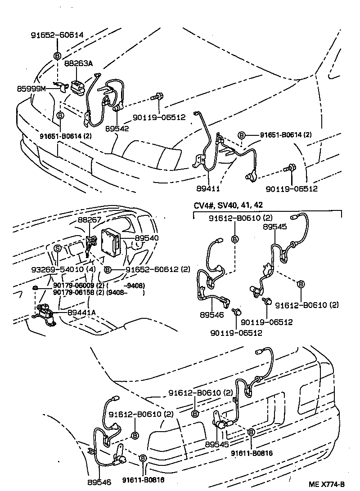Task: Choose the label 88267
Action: [x=90, y=220]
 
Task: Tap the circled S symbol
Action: [x=58, y=248]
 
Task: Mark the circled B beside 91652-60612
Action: [x=108, y=270]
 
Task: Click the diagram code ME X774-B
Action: [x=326, y=484]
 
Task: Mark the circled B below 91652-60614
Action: [x=57, y=56]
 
